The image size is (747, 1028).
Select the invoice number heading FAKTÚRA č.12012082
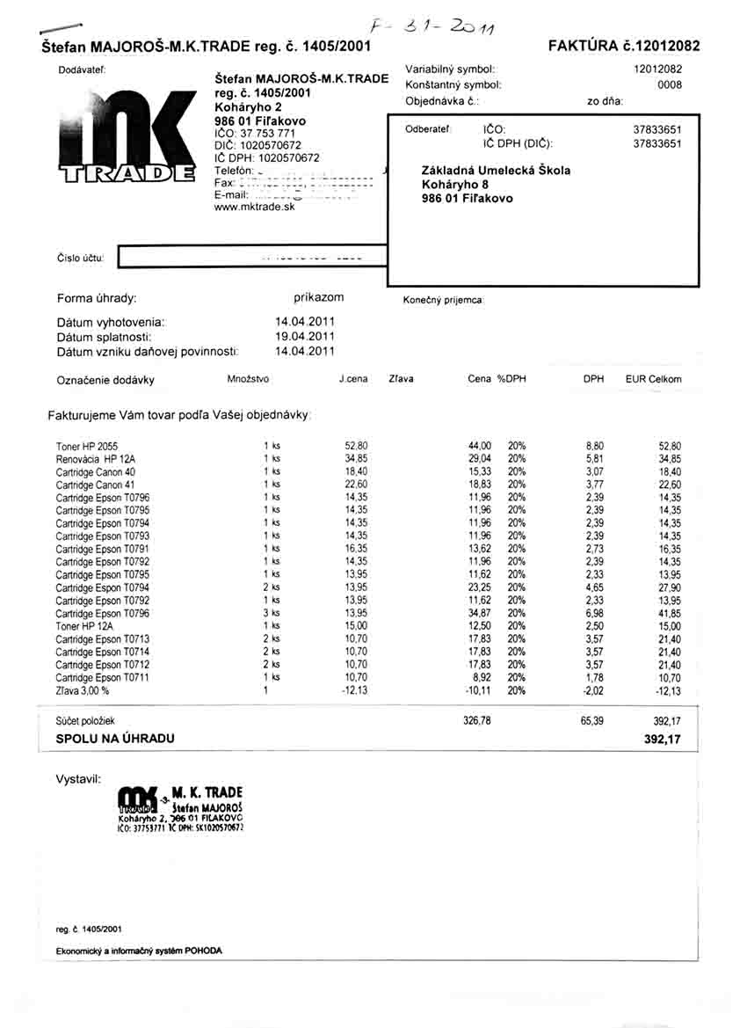tap(624, 45)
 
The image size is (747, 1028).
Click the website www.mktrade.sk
tap(255, 208)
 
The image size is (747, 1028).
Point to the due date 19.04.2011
tap(305, 336)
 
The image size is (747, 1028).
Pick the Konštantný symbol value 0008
tap(670, 85)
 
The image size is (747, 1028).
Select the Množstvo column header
tap(249, 379)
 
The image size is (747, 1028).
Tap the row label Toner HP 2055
tap(86, 446)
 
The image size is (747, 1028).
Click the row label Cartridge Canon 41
tap(95, 485)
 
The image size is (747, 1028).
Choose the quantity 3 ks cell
tap(271, 613)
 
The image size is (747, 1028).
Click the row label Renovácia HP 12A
tap(96, 459)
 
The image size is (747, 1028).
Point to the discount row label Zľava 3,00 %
tap(84, 691)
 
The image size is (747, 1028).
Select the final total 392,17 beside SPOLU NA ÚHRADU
tap(663, 740)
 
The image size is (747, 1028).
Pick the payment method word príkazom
tap(319, 298)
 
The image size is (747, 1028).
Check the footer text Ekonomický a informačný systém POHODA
tap(139, 951)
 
